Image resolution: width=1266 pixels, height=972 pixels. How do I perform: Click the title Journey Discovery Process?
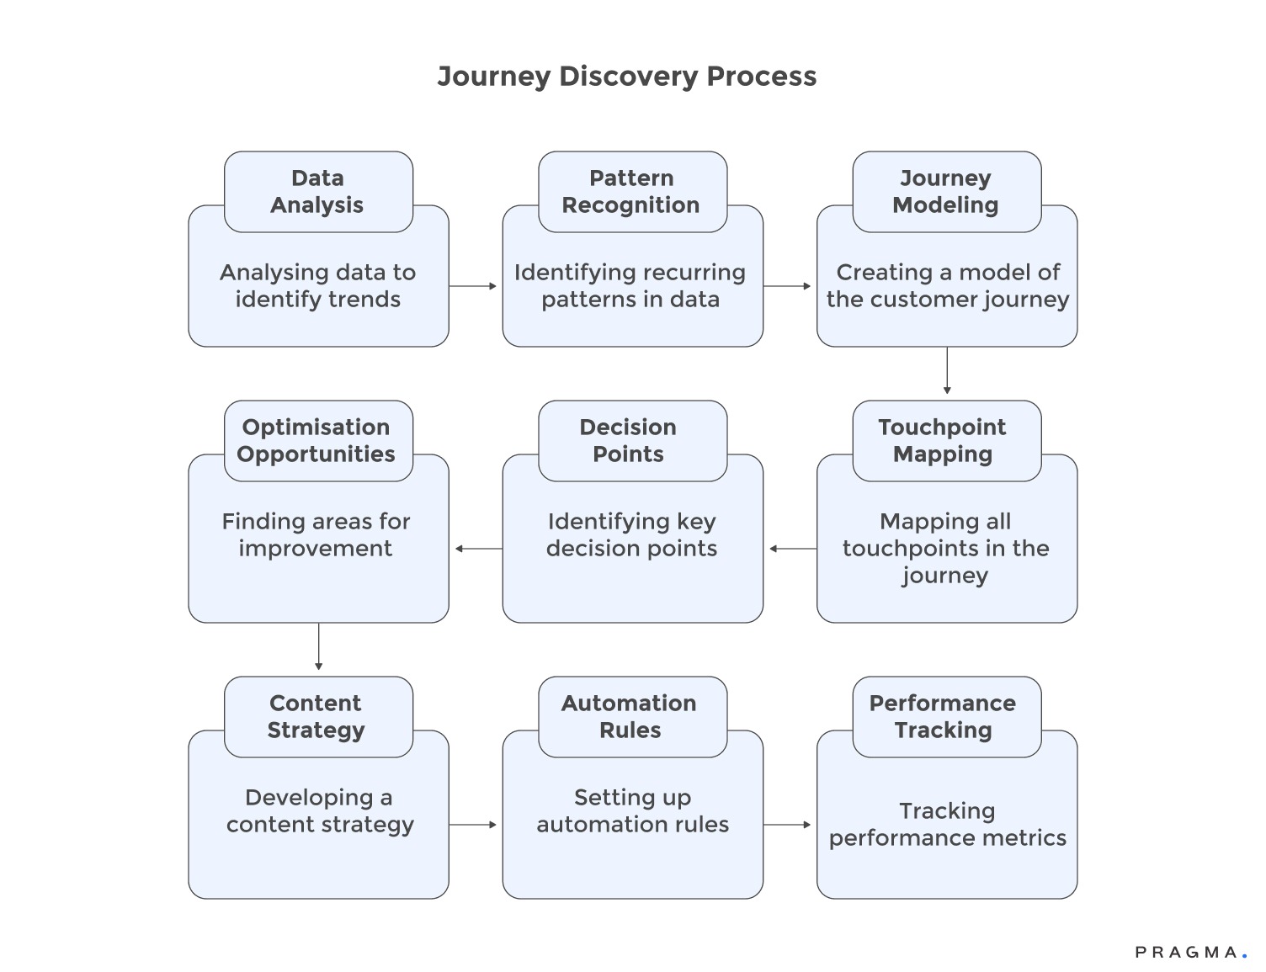pyautogui.click(x=626, y=77)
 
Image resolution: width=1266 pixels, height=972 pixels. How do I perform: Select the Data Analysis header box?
pyautogui.click(x=318, y=192)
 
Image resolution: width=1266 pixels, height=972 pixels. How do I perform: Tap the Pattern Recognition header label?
pyautogui.click(x=631, y=192)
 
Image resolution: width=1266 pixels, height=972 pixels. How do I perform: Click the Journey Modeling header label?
pyautogui.click(x=946, y=192)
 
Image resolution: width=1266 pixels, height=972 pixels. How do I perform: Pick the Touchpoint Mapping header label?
pyautogui.click(x=943, y=441)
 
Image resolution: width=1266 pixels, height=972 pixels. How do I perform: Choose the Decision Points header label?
pyautogui.click(x=629, y=441)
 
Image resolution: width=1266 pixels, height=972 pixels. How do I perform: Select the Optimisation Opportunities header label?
pyautogui.click(x=316, y=441)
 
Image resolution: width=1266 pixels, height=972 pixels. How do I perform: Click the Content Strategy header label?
pyautogui.click(x=316, y=717)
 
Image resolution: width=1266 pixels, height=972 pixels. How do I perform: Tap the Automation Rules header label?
pyautogui.click(x=630, y=717)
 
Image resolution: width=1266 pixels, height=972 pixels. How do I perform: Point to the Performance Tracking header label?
pyautogui.click(x=943, y=717)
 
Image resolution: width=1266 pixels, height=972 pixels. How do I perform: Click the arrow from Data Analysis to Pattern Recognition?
pyautogui.click(x=474, y=286)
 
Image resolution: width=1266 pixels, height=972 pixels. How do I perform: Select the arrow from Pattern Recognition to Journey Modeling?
pyautogui.click(x=788, y=286)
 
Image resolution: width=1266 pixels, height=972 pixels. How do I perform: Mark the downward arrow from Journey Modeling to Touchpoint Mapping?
pyautogui.click(x=947, y=371)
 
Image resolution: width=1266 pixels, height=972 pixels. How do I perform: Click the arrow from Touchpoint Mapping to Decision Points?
pyautogui.click(x=791, y=549)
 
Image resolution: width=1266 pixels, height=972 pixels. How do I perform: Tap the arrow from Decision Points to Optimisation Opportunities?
pyautogui.click(x=477, y=549)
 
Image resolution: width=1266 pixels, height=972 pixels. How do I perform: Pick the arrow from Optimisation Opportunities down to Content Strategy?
pyautogui.click(x=318, y=647)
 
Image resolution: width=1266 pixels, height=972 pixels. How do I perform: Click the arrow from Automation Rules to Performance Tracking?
pyautogui.click(x=788, y=825)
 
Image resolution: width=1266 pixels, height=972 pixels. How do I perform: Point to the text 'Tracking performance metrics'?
pyautogui.click(x=947, y=825)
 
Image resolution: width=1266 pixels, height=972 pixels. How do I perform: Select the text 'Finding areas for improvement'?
pyautogui.click(x=316, y=535)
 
